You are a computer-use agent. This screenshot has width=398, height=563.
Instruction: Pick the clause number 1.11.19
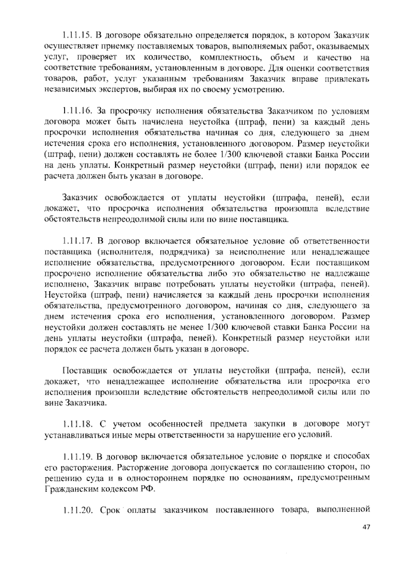[77, 457]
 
